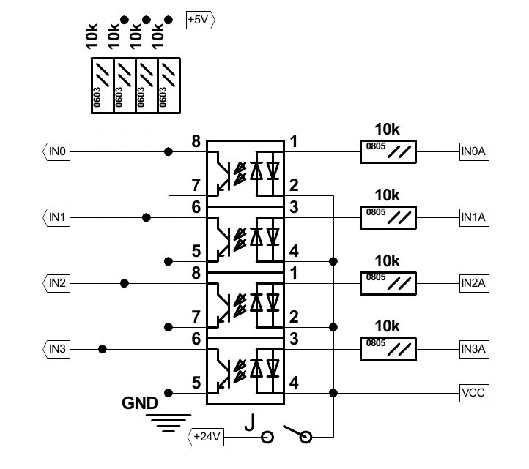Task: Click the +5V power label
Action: tap(199, 20)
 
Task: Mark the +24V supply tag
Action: tap(207, 437)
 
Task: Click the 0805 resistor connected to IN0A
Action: tap(388, 152)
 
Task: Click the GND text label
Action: tap(139, 403)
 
